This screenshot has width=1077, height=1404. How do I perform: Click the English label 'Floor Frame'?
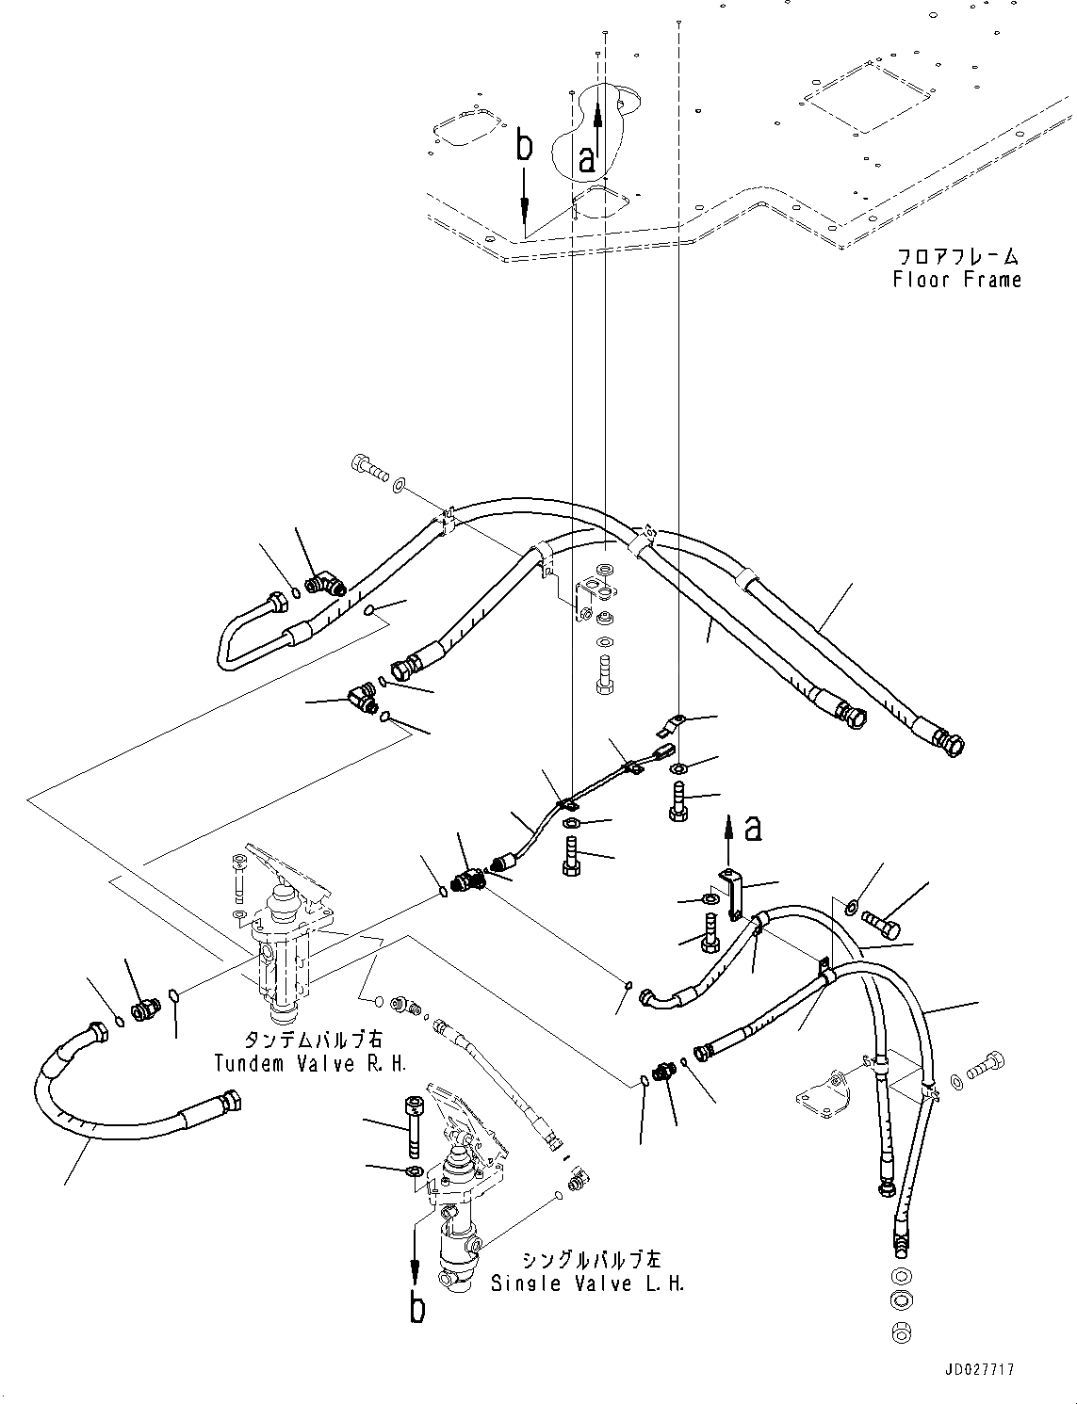(957, 280)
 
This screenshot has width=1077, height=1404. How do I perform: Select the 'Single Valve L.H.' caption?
(587, 1283)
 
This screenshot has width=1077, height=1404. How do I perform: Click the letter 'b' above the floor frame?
(525, 148)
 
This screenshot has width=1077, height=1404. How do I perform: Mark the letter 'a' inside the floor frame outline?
(587, 158)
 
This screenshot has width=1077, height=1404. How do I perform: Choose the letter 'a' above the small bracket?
(752, 829)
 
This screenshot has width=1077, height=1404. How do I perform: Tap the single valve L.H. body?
(459, 1215)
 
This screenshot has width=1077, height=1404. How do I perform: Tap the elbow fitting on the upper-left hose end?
(329, 585)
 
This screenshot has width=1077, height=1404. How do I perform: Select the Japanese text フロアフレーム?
(957, 256)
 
